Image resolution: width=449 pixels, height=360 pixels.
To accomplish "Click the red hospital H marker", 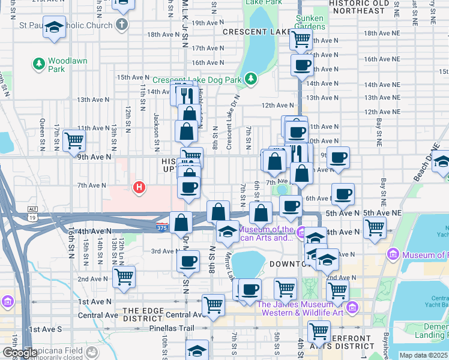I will click(139, 188).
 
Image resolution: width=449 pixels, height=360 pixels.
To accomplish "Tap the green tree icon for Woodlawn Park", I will click(39, 63).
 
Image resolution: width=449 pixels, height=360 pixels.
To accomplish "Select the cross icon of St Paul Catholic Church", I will click(122, 26).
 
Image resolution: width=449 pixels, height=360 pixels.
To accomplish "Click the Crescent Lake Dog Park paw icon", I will click(251, 79).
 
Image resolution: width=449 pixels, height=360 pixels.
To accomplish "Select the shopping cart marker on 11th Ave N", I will click(74, 140).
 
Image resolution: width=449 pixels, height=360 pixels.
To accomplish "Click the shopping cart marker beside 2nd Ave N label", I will click(124, 277).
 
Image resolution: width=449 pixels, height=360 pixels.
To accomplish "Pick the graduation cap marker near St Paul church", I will click(55, 28).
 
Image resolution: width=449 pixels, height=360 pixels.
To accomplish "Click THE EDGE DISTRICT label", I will click(143, 314).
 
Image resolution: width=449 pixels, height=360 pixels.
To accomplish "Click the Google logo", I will click(19, 353).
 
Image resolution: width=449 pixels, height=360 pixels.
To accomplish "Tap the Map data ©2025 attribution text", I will click(423, 355).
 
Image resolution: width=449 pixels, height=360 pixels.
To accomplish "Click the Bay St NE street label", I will click(379, 133).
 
